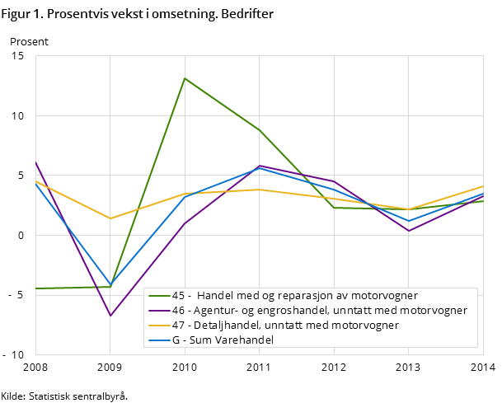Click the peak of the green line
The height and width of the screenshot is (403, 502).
[x=185, y=78]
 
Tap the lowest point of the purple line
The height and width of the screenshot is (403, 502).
[x=110, y=316]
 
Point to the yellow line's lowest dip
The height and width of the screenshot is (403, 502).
[x=110, y=218]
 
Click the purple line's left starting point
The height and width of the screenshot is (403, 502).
[x=35, y=162]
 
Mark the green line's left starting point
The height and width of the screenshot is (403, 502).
[x=35, y=288]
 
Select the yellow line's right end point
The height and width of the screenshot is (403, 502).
[x=483, y=186]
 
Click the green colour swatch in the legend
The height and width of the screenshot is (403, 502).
[x=159, y=296]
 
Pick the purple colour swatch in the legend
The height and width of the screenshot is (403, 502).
[x=159, y=311]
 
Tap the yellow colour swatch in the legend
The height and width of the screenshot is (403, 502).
[x=159, y=326]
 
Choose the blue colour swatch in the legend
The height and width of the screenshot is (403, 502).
[x=159, y=340]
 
